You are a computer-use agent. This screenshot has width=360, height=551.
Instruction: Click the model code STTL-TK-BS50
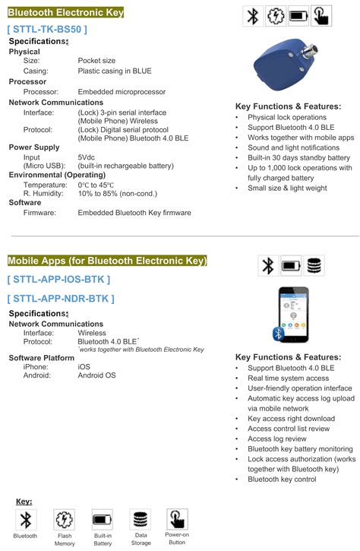pos(47,29)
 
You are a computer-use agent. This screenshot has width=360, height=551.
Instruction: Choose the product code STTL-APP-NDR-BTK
pos(61,298)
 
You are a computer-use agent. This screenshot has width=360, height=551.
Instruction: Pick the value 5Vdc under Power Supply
pos(87,157)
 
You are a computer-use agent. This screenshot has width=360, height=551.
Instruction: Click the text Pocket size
pos(96,61)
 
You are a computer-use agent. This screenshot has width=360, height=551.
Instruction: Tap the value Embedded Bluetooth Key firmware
pos(134,213)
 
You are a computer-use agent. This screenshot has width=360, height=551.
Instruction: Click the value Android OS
pos(97,375)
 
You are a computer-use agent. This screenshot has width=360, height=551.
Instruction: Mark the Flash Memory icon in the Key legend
pos(65,520)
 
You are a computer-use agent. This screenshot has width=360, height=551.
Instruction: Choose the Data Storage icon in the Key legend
pos(141,520)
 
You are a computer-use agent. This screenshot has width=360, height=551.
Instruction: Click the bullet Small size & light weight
pos(287,188)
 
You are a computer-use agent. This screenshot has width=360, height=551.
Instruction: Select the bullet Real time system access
pos(288,378)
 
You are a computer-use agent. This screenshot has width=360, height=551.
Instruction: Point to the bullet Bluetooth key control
pos(282,480)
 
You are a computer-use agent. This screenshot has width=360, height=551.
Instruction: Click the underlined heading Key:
pos(24,502)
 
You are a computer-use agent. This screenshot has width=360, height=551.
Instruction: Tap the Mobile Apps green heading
pos(107,261)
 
